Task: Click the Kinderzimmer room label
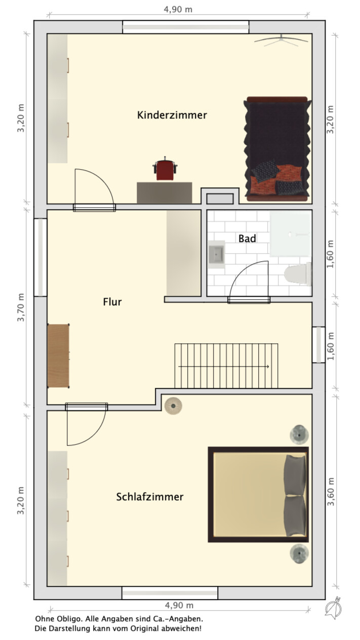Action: tap(172, 115)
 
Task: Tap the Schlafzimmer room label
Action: tap(150, 497)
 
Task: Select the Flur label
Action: tap(112, 302)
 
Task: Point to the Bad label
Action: tap(247, 238)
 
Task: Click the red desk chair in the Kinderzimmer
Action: tap(165, 169)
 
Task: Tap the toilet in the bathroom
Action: tap(297, 274)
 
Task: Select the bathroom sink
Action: tap(216, 254)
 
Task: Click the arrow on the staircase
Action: tap(224, 366)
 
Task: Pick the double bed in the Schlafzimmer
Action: tap(258, 494)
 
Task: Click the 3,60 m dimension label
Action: tap(331, 492)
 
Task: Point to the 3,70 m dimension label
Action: tap(21, 307)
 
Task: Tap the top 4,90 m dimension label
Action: tap(178, 10)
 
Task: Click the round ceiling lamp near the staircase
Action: tap(173, 406)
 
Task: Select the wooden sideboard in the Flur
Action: tap(58, 356)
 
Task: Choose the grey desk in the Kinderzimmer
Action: tap(164, 192)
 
